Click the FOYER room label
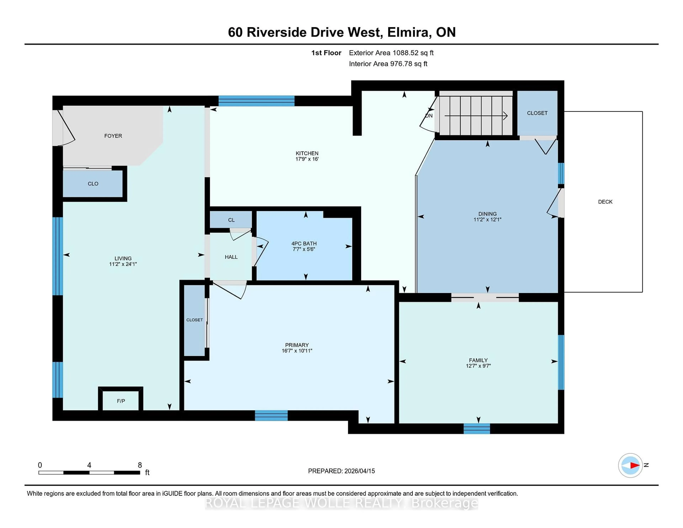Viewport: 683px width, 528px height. (113, 136)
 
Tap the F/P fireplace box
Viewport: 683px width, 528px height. (121, 401)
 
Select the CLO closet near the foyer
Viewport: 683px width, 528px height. (93, 184)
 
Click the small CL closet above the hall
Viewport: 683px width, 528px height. (231, 220)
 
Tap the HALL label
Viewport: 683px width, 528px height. (231, 257)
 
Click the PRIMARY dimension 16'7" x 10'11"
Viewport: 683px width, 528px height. (297, 351)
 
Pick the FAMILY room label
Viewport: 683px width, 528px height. (478, 360)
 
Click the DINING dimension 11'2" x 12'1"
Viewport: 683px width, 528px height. (487, 220)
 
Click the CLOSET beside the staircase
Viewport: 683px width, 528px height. (537, 113)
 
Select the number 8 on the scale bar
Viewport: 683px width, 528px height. (140, 465)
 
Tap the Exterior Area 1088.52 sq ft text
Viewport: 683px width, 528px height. (391, 53)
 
